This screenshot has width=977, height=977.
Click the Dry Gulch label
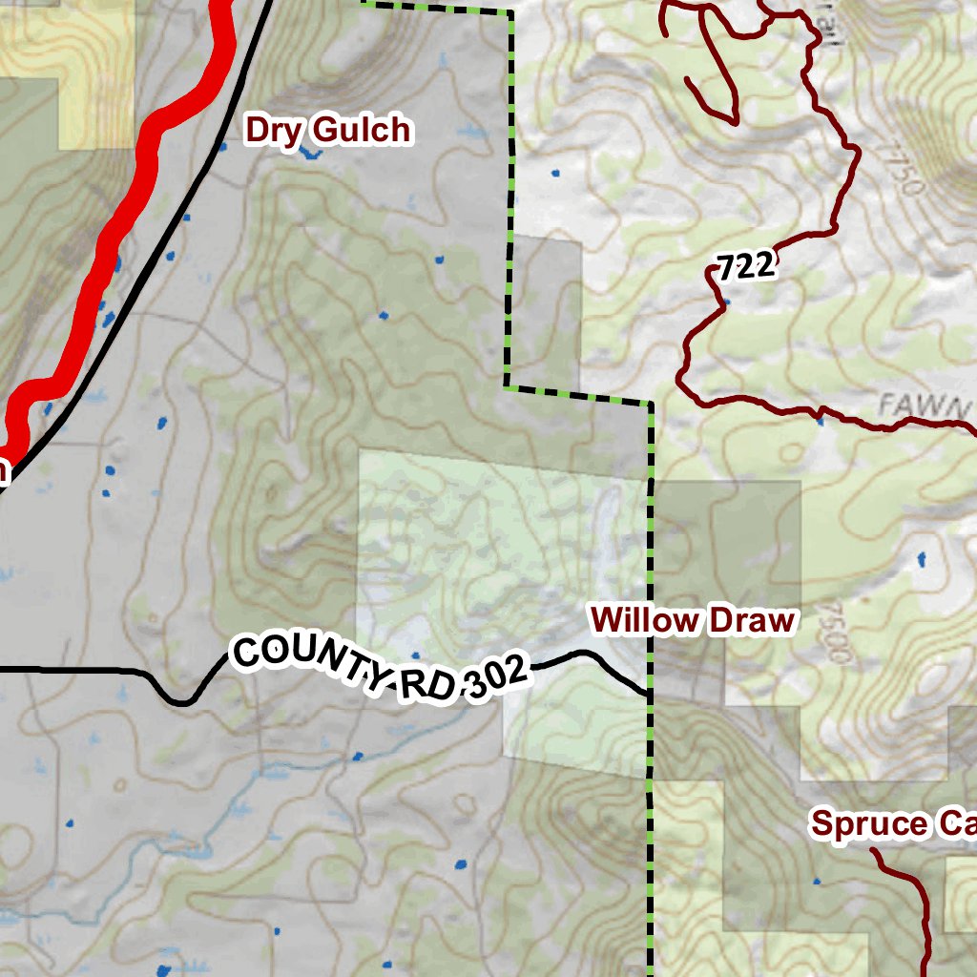(329, 130)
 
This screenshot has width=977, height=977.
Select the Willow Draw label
(693, 620)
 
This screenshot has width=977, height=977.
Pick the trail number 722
(745, 267)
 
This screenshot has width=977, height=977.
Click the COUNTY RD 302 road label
(380, 671)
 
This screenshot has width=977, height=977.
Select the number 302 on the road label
(493, 679)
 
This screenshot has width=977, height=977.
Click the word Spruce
(868, 824)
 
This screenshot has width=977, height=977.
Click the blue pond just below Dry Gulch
(307, 153)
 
